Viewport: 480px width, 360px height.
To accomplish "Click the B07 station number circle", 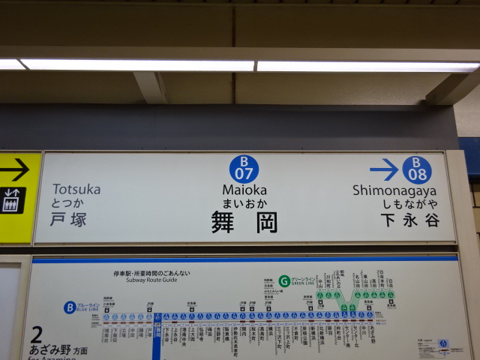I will (244, 169).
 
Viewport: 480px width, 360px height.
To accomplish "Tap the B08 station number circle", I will (416, 169).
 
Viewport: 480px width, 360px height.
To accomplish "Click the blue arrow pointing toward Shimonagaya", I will (384, 169).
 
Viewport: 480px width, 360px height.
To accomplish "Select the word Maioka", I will (244, 190).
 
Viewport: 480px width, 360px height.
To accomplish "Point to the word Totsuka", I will (76, 190).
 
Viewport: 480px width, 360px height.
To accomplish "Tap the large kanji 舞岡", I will (244, 221).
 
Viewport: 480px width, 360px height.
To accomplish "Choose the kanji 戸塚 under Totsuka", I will (69, 219).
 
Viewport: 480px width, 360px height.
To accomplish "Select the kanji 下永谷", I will (409, 220).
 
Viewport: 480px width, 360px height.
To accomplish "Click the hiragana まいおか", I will (244, 203).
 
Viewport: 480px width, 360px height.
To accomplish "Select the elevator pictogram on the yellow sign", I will (12, 200).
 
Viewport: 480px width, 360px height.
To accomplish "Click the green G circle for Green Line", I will (284, 281).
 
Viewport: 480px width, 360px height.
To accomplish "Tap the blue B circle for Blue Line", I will (70, 306).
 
